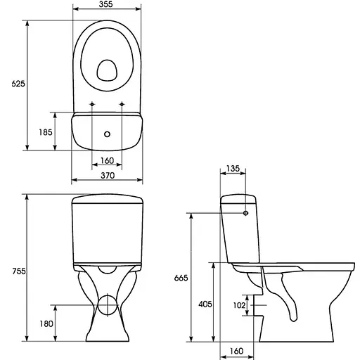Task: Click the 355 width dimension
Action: tap(105, 4)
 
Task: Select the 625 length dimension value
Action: tap(18, 84)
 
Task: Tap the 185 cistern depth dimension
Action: tap(46, 132)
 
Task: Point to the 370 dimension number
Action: tap(108, 176)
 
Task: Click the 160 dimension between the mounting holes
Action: tap(107, 161)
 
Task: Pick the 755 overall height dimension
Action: tap(19, 271)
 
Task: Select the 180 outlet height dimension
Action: tap(46, 324)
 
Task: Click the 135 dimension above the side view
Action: tap(233, 169)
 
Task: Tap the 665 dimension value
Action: tap(181, 278)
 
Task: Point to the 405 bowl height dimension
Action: tap(205, 304)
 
